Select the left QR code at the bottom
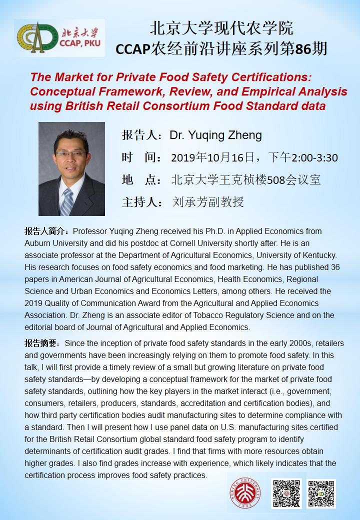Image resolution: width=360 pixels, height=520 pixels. [285, 493]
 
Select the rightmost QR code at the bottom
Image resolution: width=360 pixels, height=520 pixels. [321, 493]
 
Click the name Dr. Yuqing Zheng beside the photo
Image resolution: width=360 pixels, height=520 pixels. [215, 135]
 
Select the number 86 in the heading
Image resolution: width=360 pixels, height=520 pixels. [303, 48]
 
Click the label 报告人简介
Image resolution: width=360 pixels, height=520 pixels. [47, 231]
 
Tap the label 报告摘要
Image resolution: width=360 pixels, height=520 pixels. [43, 343]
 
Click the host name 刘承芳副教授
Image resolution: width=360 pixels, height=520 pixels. [208, 202]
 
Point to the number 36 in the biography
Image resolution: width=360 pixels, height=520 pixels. [334, 267]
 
